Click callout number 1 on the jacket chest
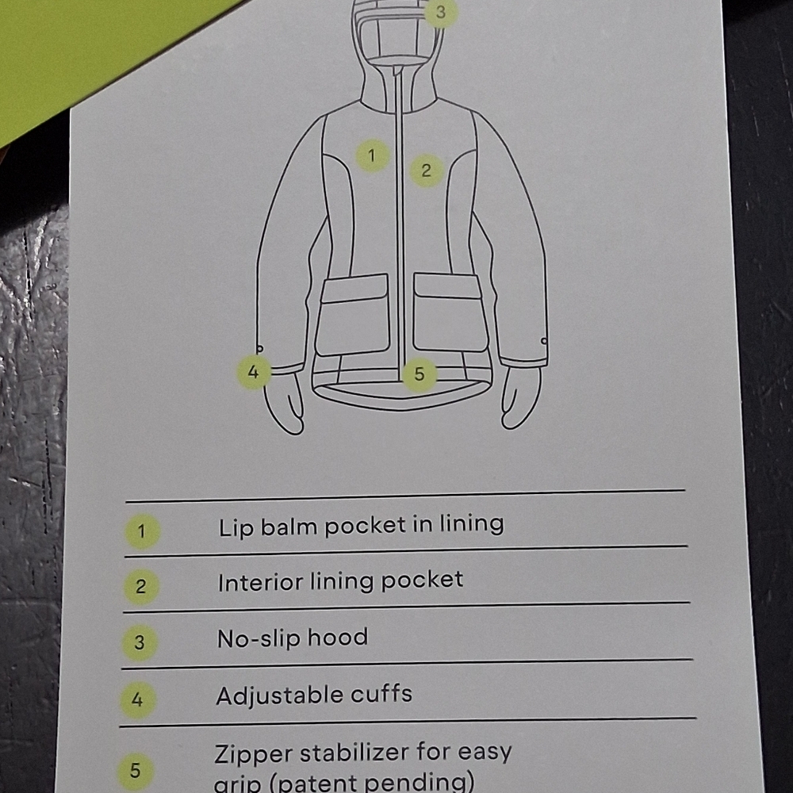pyautogui.click(x=372, y=155)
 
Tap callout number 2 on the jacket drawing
pyautogui.click(x=426, y=170)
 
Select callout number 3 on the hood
pyautogui.click(x=440, y=12)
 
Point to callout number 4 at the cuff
pyautogui.click(x=254, y=372)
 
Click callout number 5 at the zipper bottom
pyautogui.click(x=419, y=374)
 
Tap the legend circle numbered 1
pyautogui.click(x=142, y=531)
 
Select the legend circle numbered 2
pyautogui.click(x=141, y=587)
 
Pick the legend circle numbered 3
pyautogui.click(x=140, y=643)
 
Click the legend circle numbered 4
pyautogui.click(x=137, y=700)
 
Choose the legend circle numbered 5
pyautogui.click(x=135, y=771)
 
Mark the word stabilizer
pyautogui.click(x=354, y=753)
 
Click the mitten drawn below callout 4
pyautogui.click(x=284, y=405)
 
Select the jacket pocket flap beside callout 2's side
pyautogui.click(x=446, y=285)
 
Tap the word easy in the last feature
pyautogui.click(x=485, y=753)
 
